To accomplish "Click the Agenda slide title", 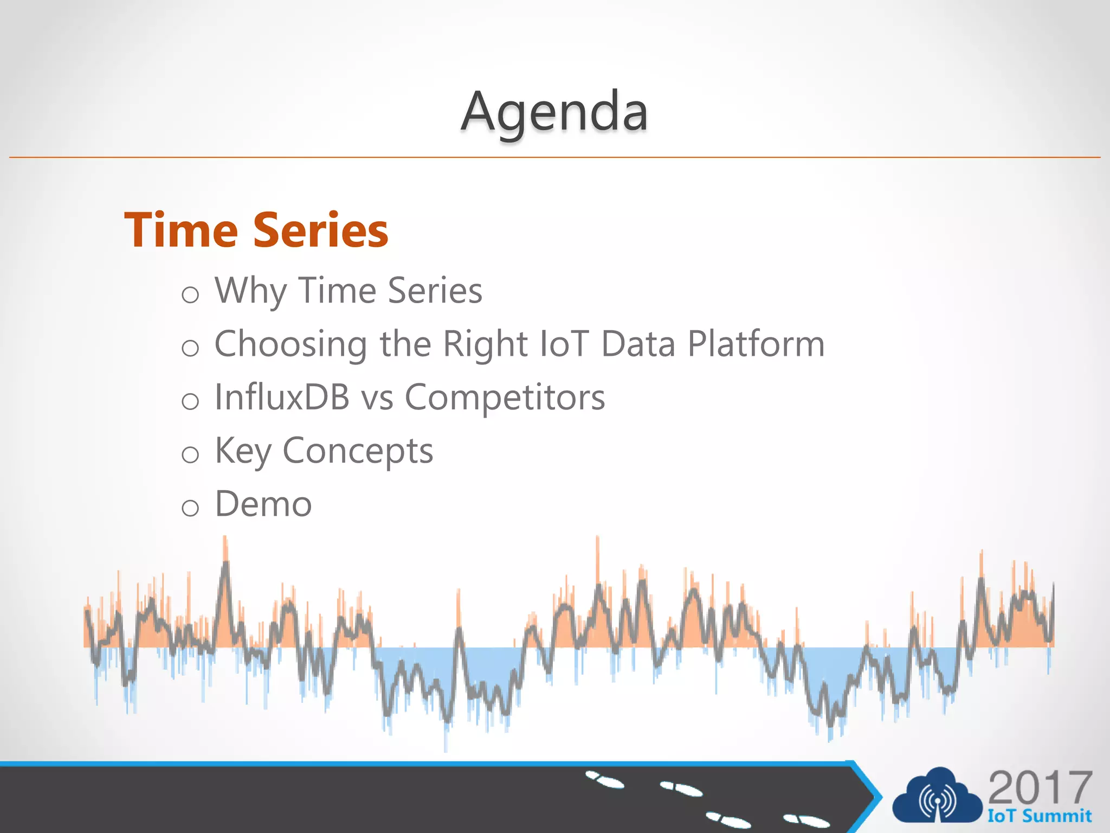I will [x=554, y=112].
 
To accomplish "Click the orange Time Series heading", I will [x=256, y=230].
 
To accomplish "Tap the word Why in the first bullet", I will [x=250, y=291].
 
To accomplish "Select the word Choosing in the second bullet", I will [x=291, y=345].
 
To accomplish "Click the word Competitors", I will [x=505, y=398].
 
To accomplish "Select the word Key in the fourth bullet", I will [x=243, y=451].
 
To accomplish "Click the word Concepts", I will [x=358, y=451].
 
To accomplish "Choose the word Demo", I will [x=263, y=504].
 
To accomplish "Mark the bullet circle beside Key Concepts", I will [x=190, y=454].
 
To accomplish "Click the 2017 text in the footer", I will [x=1040, y=788].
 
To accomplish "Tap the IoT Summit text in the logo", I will [x=1039, y=816].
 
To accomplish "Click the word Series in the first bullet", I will [x=435, y=291].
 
